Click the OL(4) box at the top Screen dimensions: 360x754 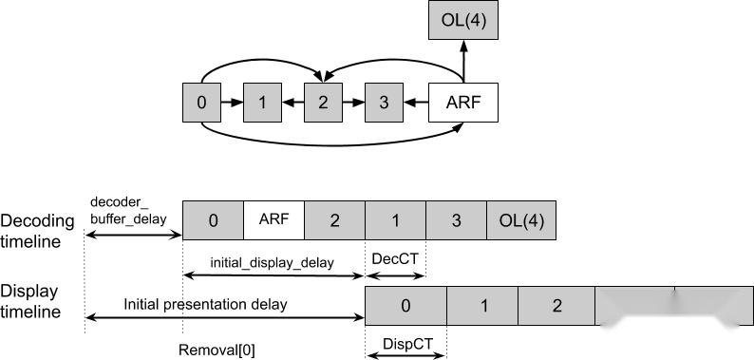tap(462, 21)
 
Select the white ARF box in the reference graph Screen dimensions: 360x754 tap(462, 102)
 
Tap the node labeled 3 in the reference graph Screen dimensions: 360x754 tap(384, 102)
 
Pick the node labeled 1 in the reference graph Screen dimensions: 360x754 tap(261, 102)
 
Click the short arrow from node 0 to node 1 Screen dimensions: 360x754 tap(231, 102)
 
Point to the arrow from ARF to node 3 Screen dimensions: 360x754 tap(416, 102)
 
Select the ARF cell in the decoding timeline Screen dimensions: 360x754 tap(273, 219)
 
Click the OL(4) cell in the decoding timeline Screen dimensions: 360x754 tap(521, 219)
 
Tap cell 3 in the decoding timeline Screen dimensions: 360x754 tap(456, 219)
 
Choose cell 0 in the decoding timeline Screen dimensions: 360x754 tap(213, 219)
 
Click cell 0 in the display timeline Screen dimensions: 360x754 tap(405, 307)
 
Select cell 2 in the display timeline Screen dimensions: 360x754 tap(556, 307)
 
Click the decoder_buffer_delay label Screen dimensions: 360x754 tap(128, 210)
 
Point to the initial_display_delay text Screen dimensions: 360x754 tap(272, 262)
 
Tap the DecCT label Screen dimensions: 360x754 tap(395, 258)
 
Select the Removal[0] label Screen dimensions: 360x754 tap(217, 349)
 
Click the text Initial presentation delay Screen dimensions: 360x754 tap(204, 304)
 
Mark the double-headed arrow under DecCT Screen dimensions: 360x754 tap(395, 276)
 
